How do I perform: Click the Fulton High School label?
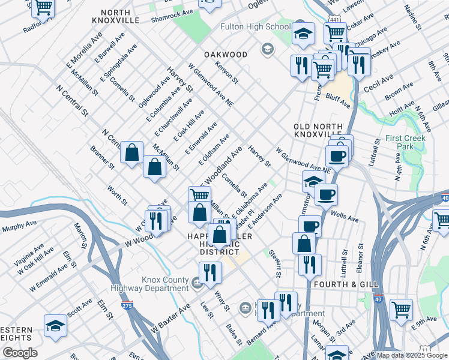point(255,27)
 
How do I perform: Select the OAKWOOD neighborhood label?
point(226,55)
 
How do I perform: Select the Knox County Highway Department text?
point(165,284)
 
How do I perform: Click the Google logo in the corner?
point(20,353)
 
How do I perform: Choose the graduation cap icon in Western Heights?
point(55,326)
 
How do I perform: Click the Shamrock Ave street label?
point(172,13)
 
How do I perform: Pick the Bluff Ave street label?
point(338,100)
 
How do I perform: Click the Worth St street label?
point(117,194)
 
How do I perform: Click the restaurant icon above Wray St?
point(211,272)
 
